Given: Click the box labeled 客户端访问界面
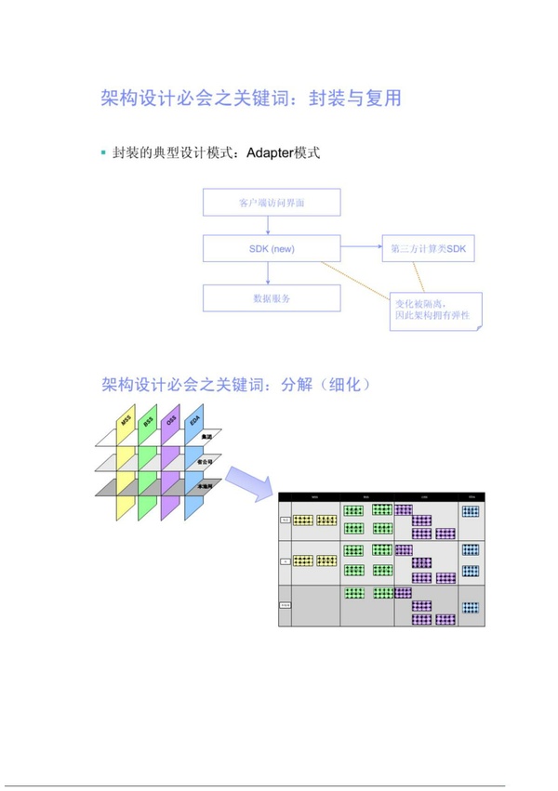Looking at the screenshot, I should [272, 202].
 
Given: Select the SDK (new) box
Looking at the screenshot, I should [272, 248].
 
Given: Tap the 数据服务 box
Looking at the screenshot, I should [272, 298].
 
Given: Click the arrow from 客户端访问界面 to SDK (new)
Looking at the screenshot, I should [268, 225].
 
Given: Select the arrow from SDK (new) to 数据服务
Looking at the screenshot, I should [268, 273].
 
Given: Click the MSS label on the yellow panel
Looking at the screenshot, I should [126, 423].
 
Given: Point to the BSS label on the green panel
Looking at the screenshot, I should [149, 423].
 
